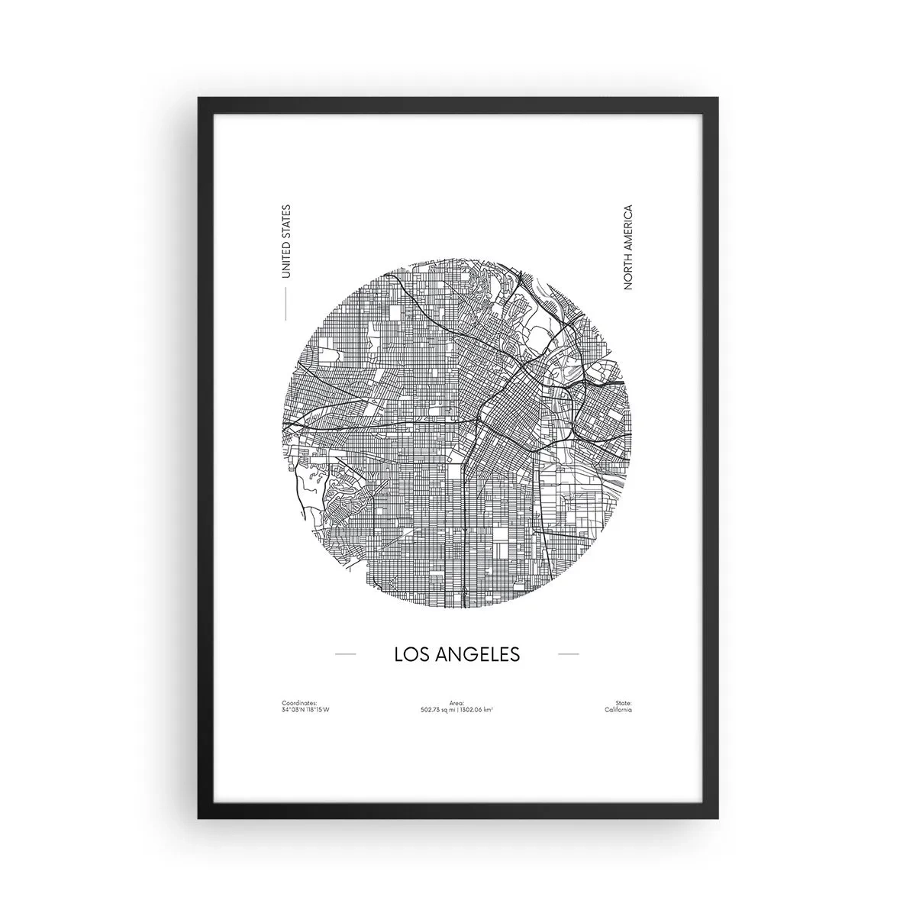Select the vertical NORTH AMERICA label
(629, 247)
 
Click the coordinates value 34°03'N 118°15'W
(310, 709)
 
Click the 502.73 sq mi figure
(437, 709)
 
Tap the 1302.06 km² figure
(476, 709)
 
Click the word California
(618, 709)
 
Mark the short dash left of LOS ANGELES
(346, 654)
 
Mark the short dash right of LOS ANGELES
(569, 654)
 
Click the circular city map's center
(457, 434)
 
